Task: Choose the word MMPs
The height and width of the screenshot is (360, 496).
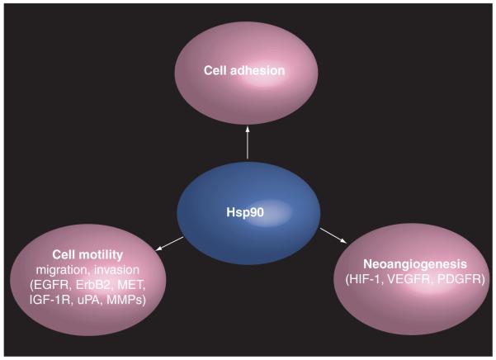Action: click(x=128, y=300)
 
